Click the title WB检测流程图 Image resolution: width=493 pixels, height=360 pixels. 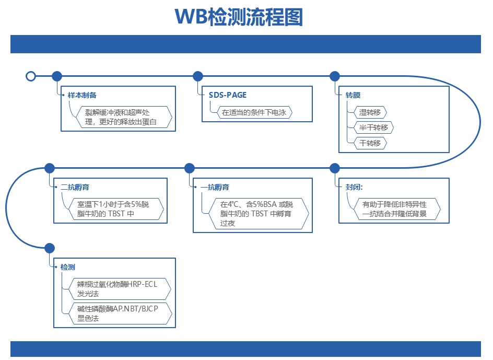click(239, 17)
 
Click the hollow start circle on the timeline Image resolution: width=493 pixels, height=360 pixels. click(31, 76)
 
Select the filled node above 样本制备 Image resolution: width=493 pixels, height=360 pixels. click(57, 76)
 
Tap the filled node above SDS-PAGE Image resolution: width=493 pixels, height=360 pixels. click(198, 76)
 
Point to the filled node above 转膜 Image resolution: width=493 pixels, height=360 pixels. click(335, 76)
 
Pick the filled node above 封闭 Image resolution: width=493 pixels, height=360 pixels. click(335, 168)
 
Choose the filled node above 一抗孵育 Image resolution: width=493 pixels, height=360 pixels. click(190, 168)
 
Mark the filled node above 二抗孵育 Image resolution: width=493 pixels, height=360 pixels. click(50, 168)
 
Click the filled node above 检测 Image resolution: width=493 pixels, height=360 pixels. click(50, 248)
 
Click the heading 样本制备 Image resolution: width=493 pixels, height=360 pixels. click(82, 96)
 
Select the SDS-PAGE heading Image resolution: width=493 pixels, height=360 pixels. click(228, 95)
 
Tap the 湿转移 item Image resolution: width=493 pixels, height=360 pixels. click(370, 112)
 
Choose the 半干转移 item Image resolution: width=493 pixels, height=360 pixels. click(373, 127)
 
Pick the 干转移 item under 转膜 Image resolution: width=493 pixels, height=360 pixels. click(370, 143)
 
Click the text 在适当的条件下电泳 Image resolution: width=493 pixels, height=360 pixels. click(254, 112)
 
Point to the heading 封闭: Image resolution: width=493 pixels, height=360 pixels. click(354, 187)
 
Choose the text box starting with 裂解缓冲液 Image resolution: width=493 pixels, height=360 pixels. click(121, 118)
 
